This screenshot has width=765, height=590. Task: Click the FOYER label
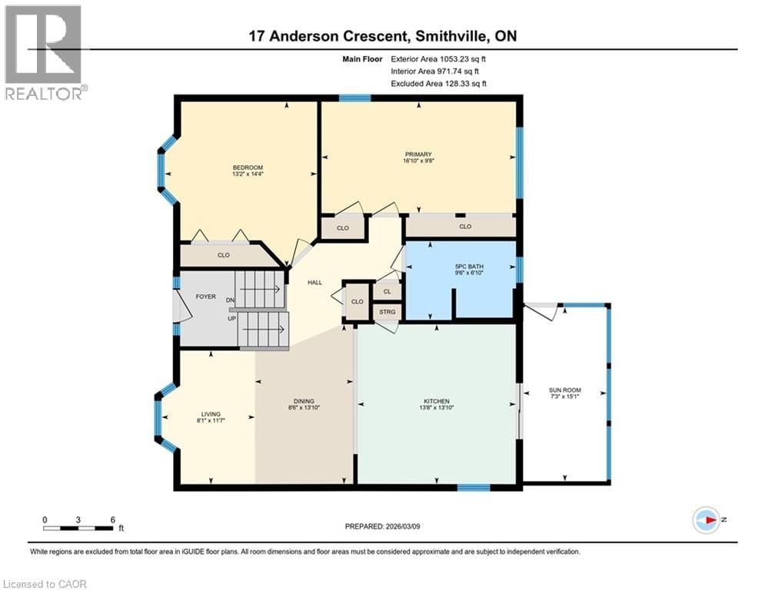click(206, 297)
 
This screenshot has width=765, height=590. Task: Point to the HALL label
click(314, 283)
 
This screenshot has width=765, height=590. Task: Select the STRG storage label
click(387, 311)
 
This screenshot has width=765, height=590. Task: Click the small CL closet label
click(387, 291)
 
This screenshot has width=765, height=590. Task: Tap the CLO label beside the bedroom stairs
click(223, 255)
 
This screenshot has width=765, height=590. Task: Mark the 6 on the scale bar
click(113, 519)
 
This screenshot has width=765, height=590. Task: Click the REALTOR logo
click(44, 52)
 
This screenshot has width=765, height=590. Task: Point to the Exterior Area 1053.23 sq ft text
click(439, 58)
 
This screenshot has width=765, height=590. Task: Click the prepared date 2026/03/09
click(382, 526)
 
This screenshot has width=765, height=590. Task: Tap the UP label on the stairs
click(230, 317)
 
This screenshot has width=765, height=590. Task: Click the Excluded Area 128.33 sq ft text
click(439, 84)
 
